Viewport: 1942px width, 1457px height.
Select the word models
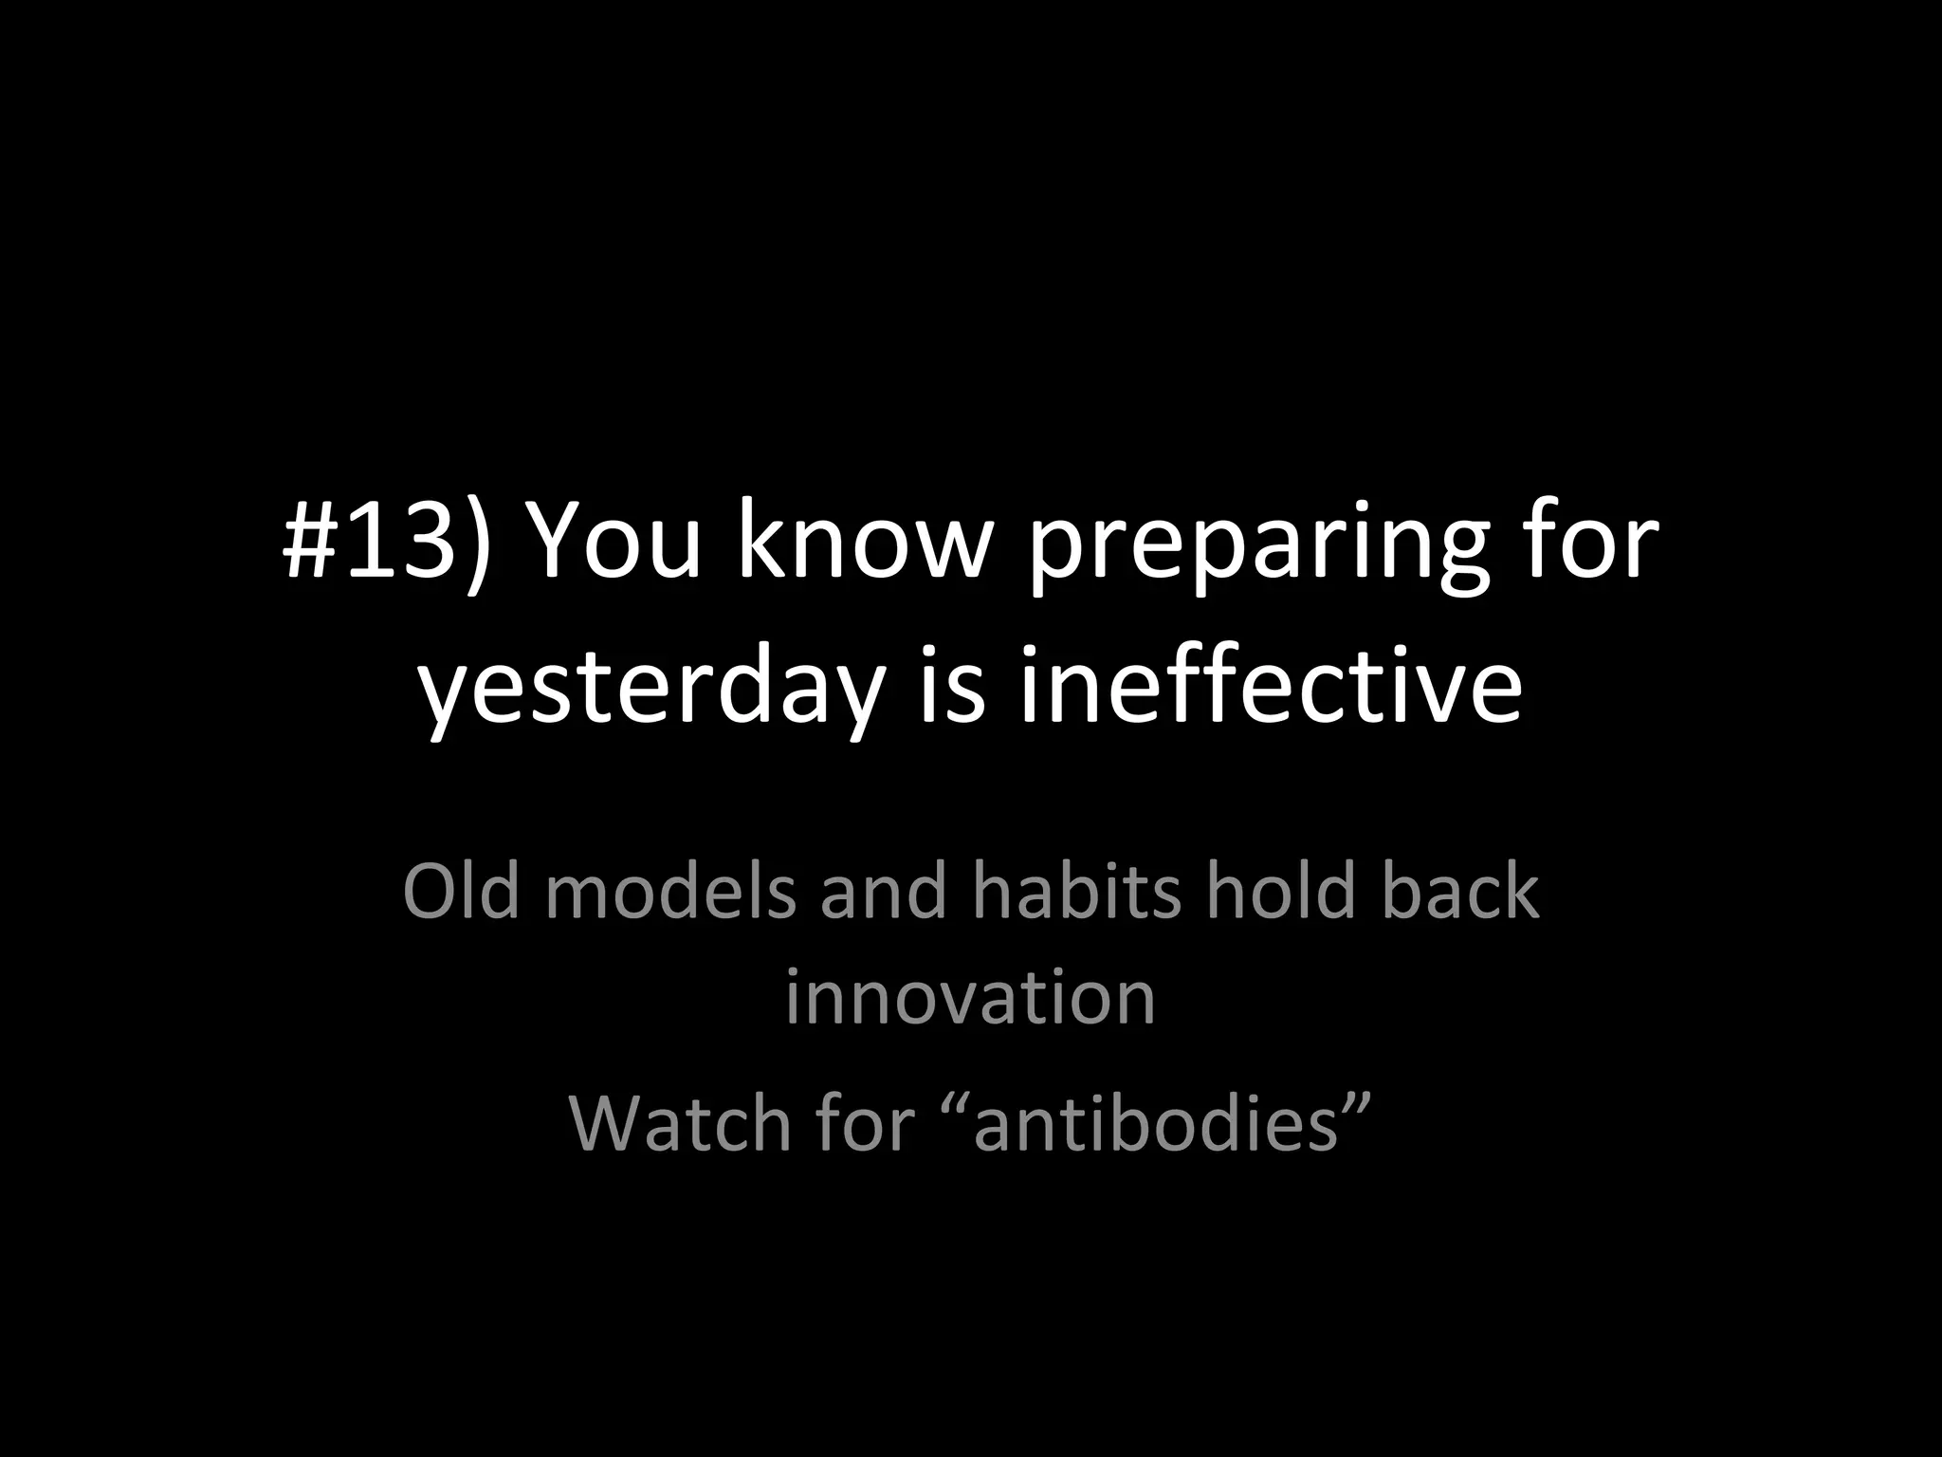[669, 892]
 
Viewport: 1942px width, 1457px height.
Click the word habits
[1076, 892]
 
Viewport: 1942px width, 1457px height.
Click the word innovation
[970, 998]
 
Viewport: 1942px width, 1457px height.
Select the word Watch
[680, 1123]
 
